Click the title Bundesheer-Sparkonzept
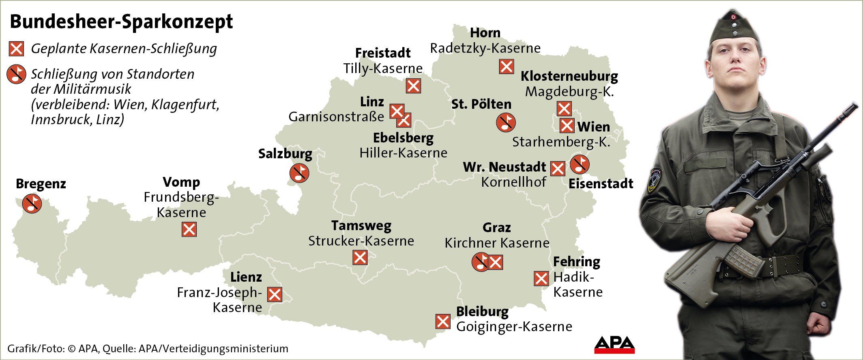point(121,22)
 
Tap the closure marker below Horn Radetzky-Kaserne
point(506,66)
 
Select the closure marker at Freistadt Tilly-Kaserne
point(413,86)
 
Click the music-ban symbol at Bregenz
point(32,203)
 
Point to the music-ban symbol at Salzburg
point(299,173)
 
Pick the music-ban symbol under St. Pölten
point(506,122)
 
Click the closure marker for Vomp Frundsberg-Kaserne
point(189,230)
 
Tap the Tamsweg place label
point(361,225)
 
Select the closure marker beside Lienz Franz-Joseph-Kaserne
point(275,294)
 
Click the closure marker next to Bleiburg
point(442,321)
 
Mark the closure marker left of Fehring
point(541,278)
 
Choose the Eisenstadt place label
point(601,183)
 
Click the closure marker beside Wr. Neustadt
point(558,168)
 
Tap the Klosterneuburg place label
point(569,76)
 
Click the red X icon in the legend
point(16,49)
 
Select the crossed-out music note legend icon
point(16,75)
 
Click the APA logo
point(614,345)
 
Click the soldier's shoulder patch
point(654,180)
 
